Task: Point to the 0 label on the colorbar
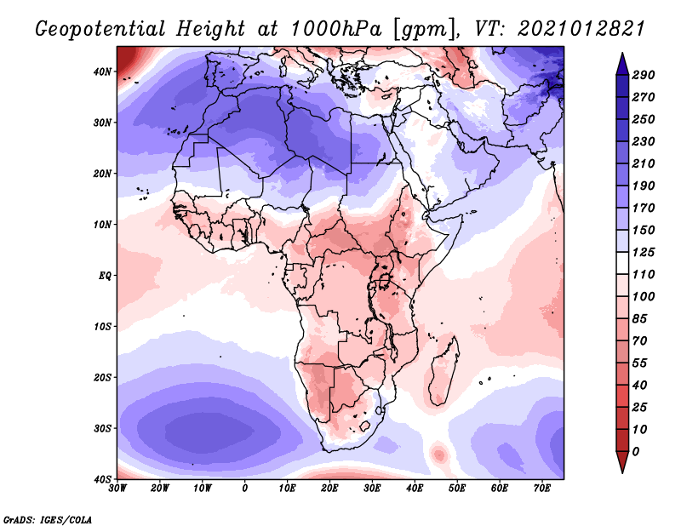(x=635, y=451)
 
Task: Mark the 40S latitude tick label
(x=103, y=479)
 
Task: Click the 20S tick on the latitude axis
(x=103, y=377)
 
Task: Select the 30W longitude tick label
(x=118, y=489)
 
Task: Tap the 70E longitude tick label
(x=541, y=489)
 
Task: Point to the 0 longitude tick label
(x=245, y=489)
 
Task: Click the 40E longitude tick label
(x=415, y=489)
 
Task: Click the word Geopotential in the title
(x=100, y=30)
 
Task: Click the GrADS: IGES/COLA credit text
(x=48, y=518)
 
